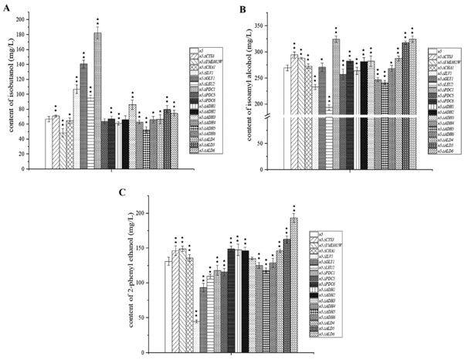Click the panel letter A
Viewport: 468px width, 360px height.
(7, 9)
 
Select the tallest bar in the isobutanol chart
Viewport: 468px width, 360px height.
(97, 78)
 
